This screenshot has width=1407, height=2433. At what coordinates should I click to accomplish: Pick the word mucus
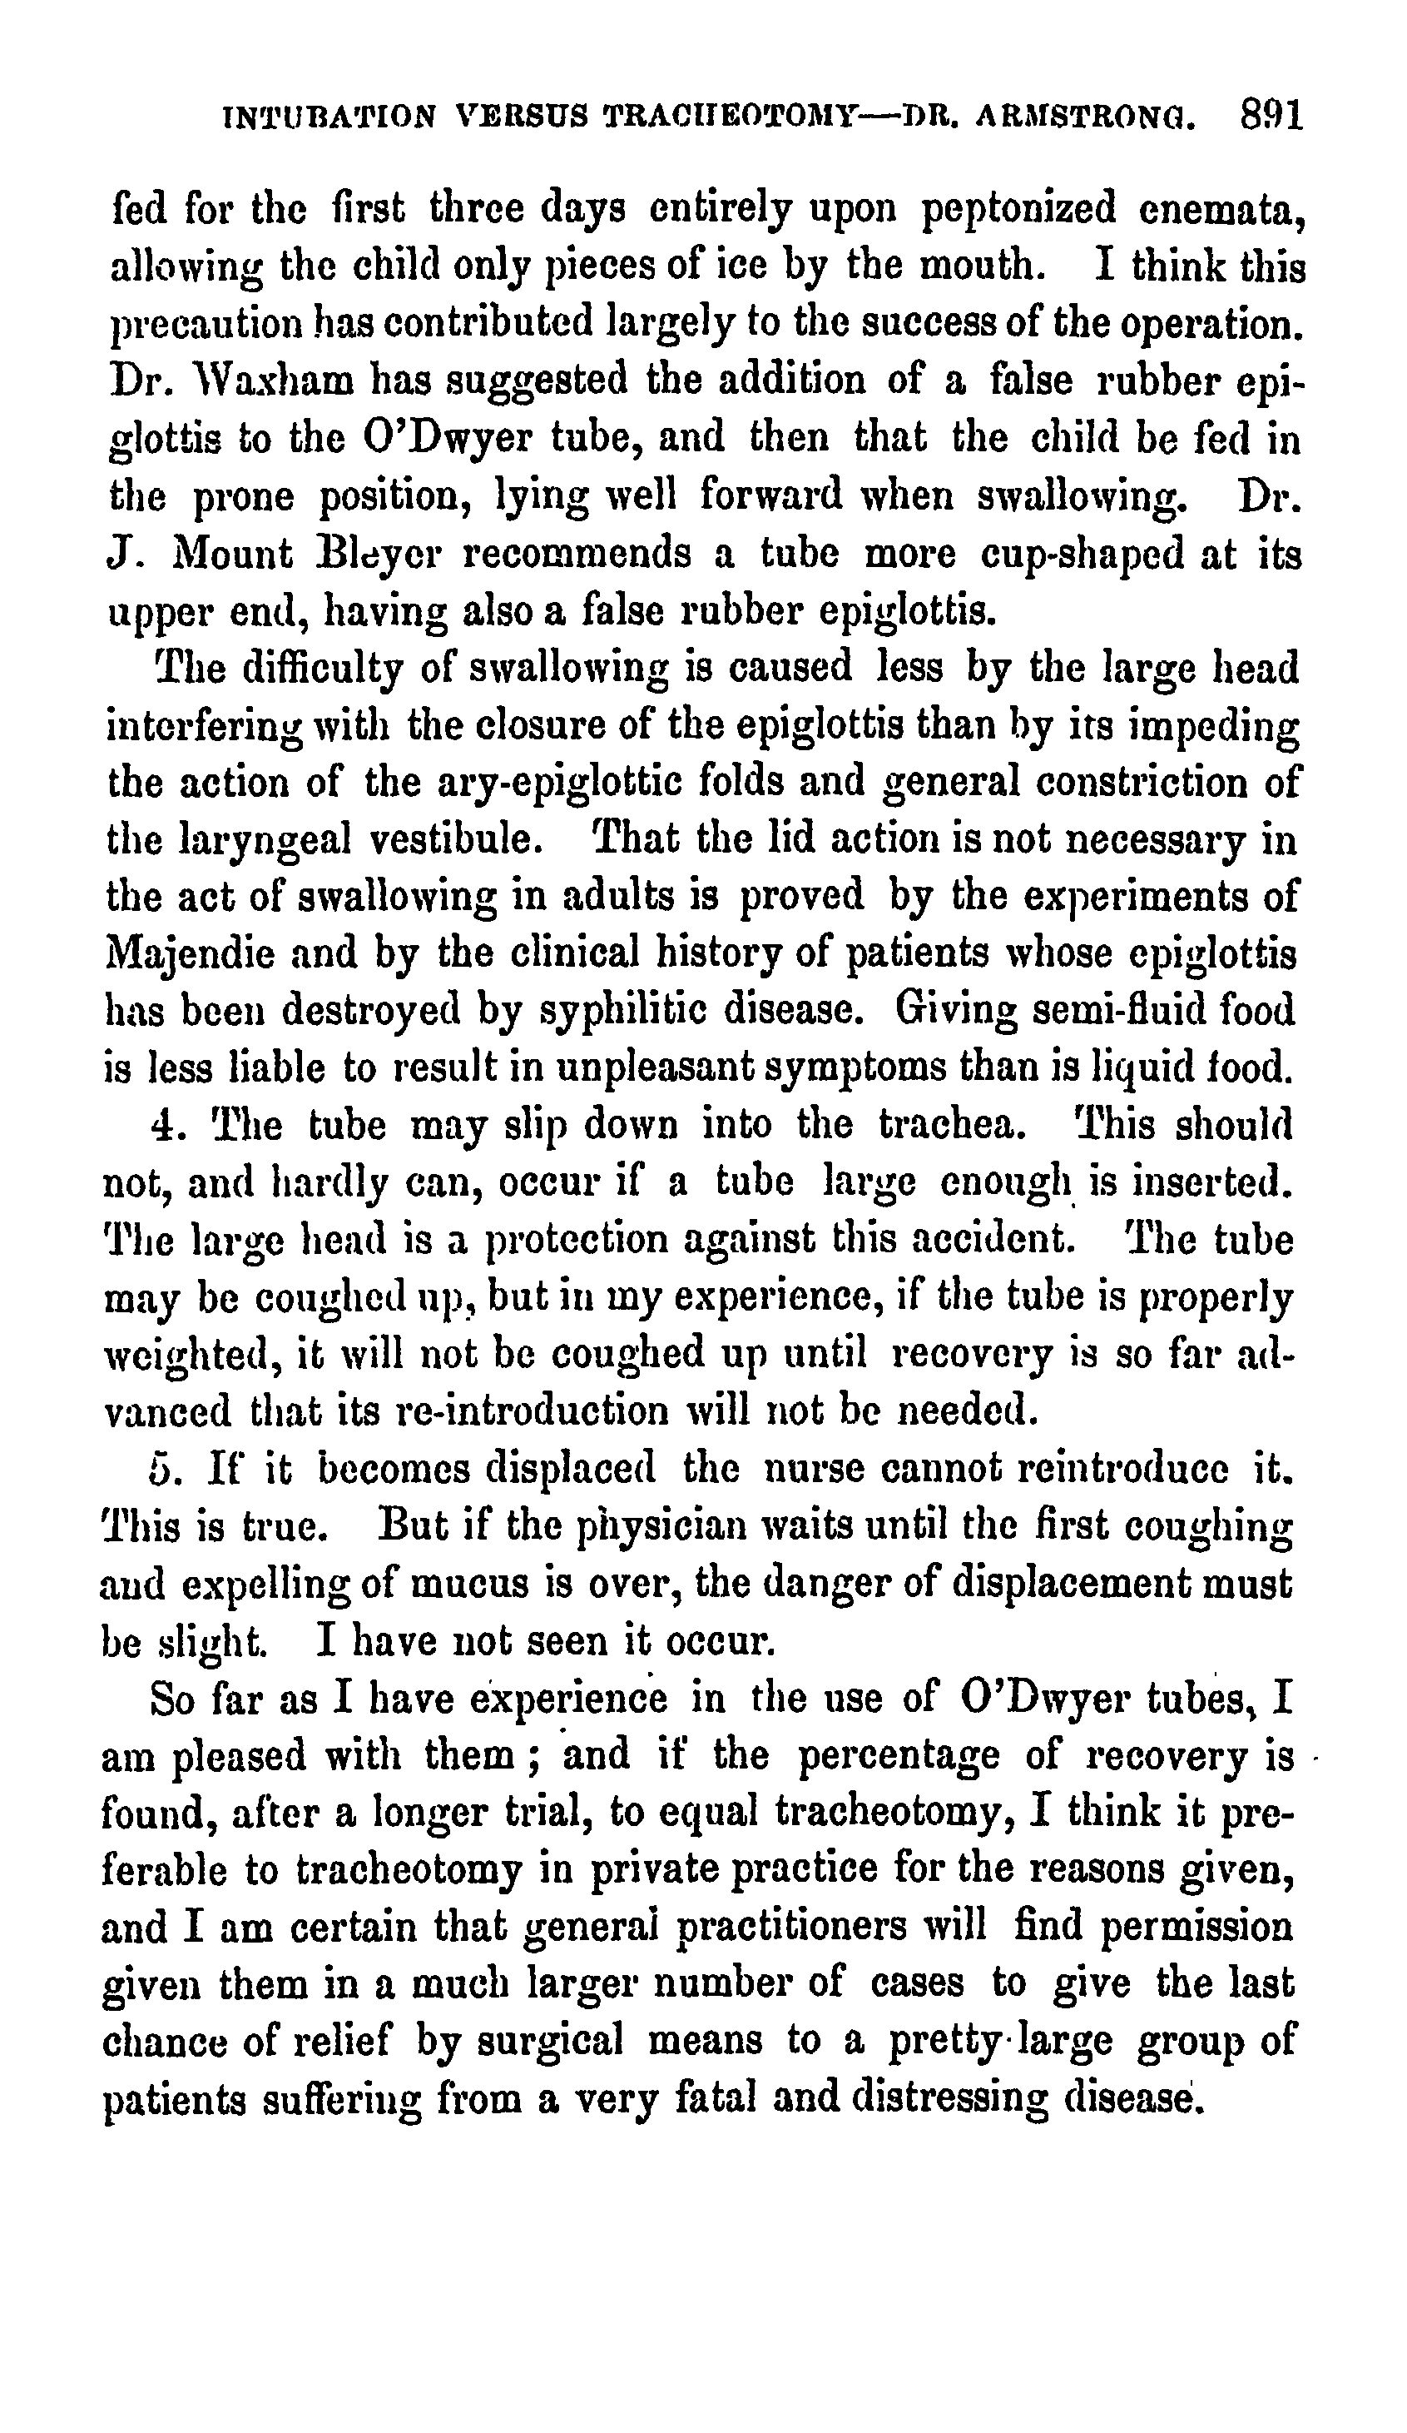(x=460, y=1585)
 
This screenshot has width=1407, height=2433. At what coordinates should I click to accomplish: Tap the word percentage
(x=898, y=1756)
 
